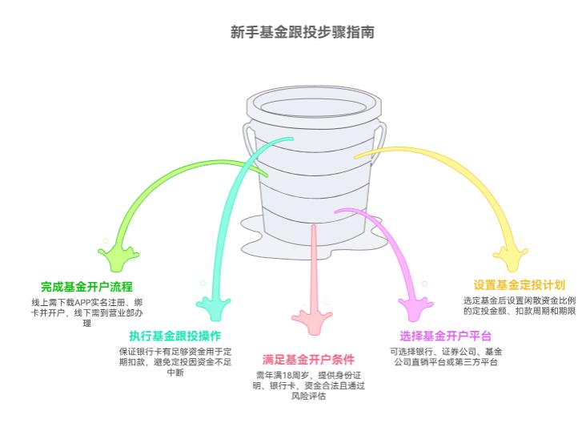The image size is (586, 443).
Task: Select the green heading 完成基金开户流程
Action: click(86, 286)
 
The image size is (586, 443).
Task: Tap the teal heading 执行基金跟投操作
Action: click(175, 336)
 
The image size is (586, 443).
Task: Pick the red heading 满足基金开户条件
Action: click(308, 360)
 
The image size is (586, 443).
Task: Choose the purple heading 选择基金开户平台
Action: click(445, 336)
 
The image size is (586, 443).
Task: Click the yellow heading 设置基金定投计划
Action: click(519, 284)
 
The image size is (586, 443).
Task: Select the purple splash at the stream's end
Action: click(416, 304)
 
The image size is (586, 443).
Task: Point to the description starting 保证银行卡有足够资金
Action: click(175, 361)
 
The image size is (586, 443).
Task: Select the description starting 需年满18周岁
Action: click(308, 386)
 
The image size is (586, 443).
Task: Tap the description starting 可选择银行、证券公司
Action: click(445, 356)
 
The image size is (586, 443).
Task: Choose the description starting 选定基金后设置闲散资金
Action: click(519, 305)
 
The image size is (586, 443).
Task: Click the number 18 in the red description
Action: click(289, 376)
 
